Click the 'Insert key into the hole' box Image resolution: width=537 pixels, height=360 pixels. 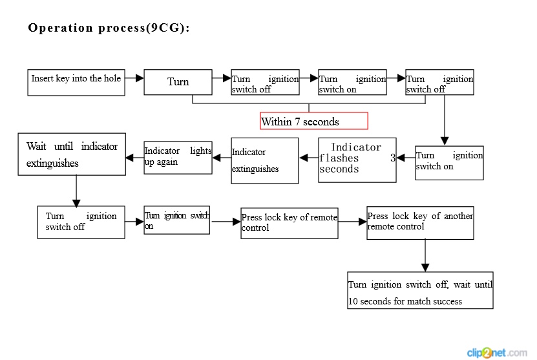coord(76,83)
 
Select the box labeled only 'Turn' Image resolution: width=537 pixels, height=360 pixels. coord(178,82)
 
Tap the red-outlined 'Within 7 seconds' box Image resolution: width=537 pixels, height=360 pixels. coord(314,121)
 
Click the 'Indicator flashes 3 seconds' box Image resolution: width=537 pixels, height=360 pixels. coord(357,160)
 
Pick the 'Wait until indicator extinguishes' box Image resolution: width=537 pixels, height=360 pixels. coord(72,154)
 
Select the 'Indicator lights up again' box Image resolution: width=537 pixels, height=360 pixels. coord(178,158)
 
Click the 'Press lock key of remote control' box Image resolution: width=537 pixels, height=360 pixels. coord(290,224)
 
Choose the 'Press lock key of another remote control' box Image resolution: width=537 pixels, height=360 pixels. coord(420,222)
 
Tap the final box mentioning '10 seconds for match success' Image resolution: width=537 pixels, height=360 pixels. coord(420,290)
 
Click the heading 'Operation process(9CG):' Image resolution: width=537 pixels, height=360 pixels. coord(109,28)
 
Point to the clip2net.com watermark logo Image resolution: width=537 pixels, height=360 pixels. coord(497,352)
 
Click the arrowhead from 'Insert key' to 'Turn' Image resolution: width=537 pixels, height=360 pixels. coord(140,78)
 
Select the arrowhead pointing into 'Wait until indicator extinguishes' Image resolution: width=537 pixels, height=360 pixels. coord(130,158)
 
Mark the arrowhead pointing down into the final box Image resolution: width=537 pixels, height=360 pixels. coord(425,268)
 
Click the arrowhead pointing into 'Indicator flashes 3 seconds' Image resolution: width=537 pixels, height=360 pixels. coord(401,158)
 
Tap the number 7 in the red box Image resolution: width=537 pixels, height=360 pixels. coord(297,122)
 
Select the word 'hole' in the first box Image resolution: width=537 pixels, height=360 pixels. coord(112,78)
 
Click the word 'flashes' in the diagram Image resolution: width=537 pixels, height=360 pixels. coord(339,158)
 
